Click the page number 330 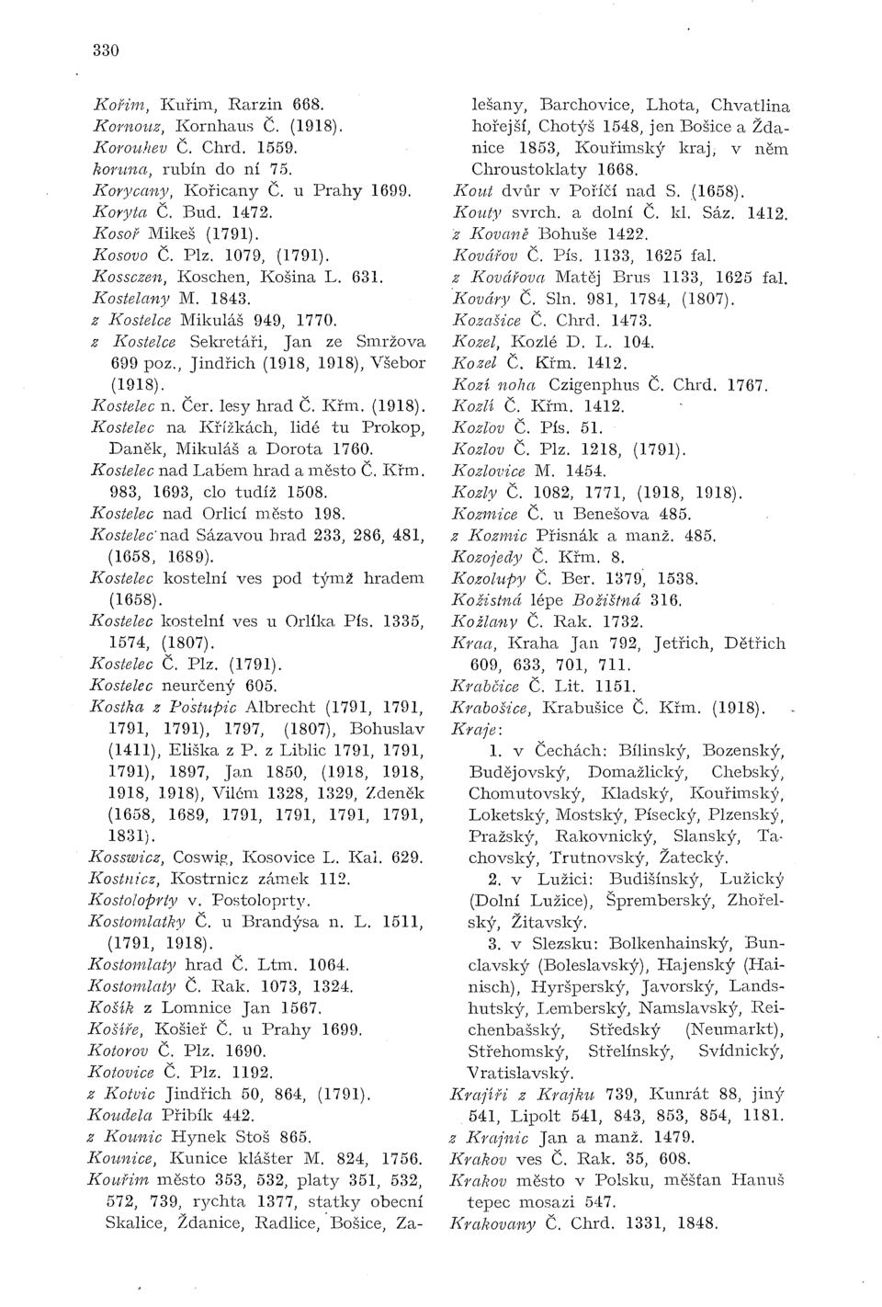106,51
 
